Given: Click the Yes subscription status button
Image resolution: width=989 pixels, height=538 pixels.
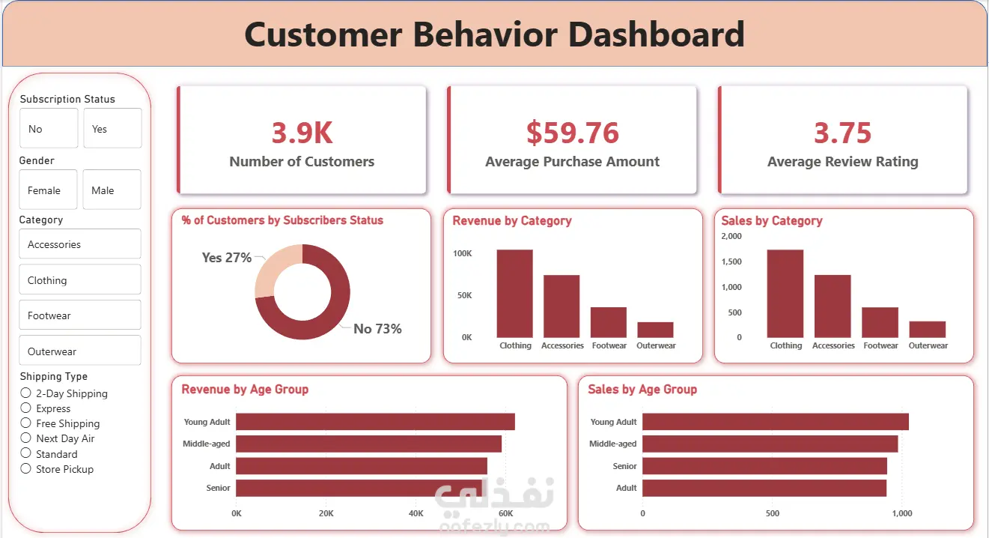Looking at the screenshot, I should (x=112, y=128).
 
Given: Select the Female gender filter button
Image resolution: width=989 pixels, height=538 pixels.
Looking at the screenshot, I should (x=48, y=190).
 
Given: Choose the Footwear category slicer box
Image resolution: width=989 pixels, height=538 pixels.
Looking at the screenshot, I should (x=79, y=315).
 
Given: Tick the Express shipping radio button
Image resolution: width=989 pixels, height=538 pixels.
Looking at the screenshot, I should (x=26, y=408).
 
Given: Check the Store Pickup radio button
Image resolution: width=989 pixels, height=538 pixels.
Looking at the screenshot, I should (x=26, y=469).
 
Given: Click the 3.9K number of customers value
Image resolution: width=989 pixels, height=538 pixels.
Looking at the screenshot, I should (x=302, y=133).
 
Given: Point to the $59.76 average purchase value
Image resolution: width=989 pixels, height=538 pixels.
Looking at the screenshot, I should (x=572, y=133).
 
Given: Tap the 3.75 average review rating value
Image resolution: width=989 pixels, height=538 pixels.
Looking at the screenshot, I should (x=842, y=133).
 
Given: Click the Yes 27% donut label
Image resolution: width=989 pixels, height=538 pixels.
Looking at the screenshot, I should (x=226, y=258).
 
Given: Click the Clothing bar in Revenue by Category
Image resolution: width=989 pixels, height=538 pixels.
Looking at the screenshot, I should (x=514, y=293).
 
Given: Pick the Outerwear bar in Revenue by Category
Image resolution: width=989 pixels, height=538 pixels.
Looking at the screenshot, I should (x=655, y=330).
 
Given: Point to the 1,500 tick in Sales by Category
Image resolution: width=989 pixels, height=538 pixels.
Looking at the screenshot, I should (x=731, y=262).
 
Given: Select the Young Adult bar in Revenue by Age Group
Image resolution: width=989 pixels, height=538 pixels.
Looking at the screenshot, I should (x=375, y=422).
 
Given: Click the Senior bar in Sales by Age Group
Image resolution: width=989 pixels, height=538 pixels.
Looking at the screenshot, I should (x=764, y=466).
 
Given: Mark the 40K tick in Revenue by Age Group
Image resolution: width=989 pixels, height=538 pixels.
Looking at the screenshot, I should (x=416, y=513).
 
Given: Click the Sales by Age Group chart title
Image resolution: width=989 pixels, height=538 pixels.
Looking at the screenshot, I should (x=642, y=389).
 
